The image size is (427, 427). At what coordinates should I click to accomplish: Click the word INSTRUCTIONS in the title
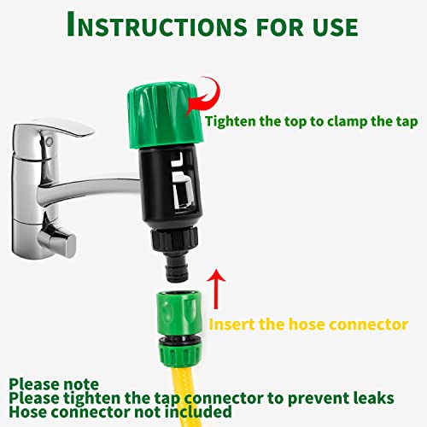157,25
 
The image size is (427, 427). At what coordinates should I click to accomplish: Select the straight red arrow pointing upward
216,289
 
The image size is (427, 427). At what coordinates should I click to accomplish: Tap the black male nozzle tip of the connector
177,269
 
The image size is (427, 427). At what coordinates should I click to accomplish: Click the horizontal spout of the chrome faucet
91,190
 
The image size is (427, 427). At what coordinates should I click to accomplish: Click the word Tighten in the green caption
231,122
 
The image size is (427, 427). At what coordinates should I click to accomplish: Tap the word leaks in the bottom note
373,398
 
